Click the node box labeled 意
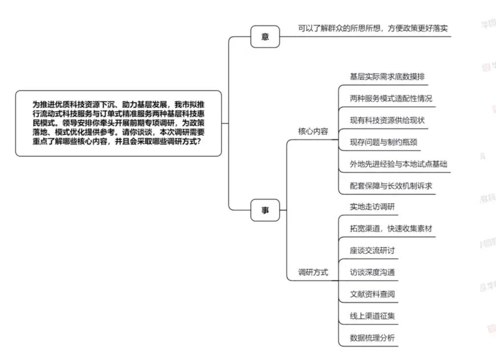coord(265,36)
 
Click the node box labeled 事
coord(265,210)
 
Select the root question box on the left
coord(119,123)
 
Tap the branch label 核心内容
coord(313,131)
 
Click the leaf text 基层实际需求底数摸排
coord(388,76)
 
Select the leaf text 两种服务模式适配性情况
coord(391,98)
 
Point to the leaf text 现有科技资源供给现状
coord(387,120)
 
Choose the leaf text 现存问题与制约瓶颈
coord(384,142)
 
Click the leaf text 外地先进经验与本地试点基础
coord(399,164)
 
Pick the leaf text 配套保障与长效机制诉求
coord(391,186)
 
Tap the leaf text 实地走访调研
coord(372,207)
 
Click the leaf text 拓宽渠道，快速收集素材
coord(391,229)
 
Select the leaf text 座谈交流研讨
coord(372,250)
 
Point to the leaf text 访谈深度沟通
coord(372,272)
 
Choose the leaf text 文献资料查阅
coord(372,294)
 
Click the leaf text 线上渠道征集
coord(372,316)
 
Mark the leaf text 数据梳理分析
coord(372,338)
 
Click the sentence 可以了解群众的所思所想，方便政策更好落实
coord(373,29)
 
